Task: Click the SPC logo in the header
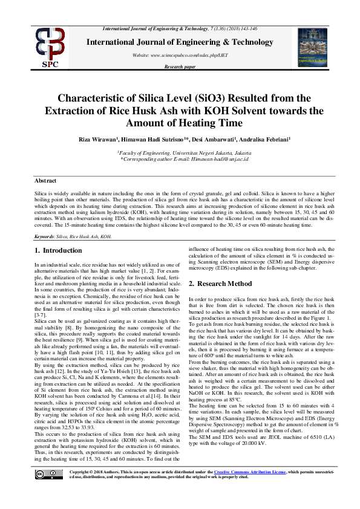tap(50, 47)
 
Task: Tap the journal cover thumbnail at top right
tap(312, 46)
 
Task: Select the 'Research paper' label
tap(180, 66)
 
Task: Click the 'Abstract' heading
tap(45, 181)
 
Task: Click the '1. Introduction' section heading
tap(58, 250)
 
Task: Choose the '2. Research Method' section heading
tap(220, 284)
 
